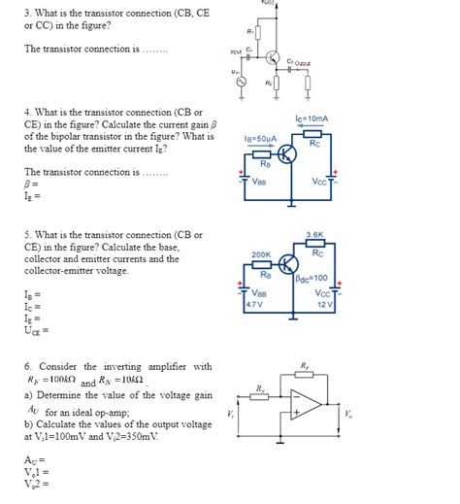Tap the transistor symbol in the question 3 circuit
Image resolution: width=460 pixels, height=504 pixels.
276,56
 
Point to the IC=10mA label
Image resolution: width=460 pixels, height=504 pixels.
310,118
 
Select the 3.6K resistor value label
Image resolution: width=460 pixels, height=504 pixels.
314,234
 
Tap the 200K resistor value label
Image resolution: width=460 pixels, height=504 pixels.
261,253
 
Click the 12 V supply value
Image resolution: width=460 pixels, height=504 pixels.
324,304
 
